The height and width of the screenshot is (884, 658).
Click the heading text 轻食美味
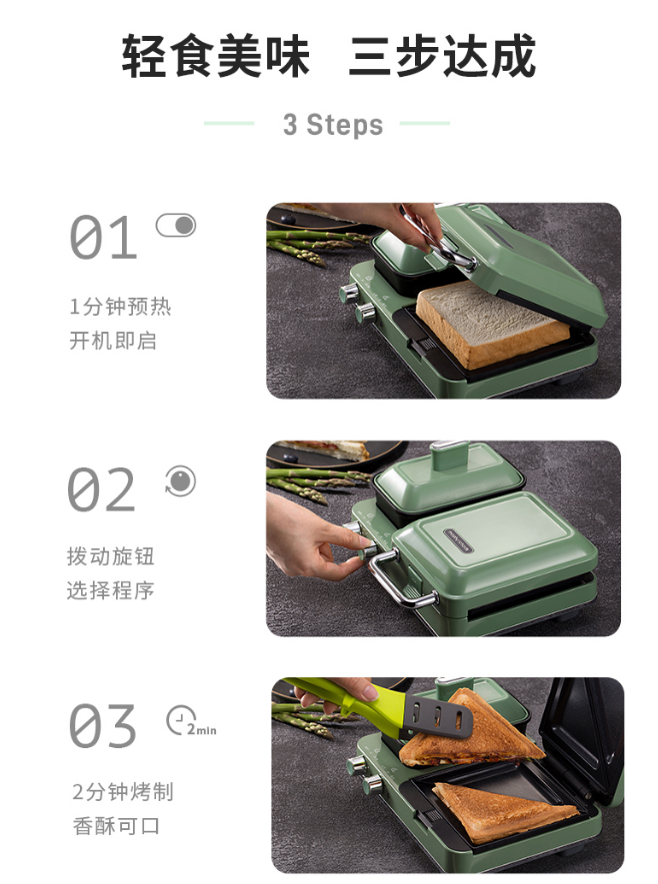[216, 56]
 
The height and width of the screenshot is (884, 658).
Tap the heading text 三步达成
[442, 56]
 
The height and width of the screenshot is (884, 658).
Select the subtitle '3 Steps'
[333, 125]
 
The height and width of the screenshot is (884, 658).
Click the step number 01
[103, 238]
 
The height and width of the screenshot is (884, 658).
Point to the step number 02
[102, 489]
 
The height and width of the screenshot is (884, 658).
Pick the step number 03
[103, 725]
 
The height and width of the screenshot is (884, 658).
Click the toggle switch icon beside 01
[176, 226]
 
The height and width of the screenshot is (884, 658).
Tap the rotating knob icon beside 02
[181, 481]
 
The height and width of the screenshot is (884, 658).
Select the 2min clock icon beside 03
[191, 721]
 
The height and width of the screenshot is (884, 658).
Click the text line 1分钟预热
[120, 307]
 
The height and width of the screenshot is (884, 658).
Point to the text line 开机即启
[113, 341]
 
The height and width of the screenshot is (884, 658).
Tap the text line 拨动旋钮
[111, 556]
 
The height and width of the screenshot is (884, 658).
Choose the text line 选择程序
[111, 591]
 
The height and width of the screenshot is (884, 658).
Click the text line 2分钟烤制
[123, 792]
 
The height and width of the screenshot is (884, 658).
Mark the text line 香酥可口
[116, 826]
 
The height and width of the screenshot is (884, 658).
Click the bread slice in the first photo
[492, 323]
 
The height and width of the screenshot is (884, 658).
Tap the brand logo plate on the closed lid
[459, 540]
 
